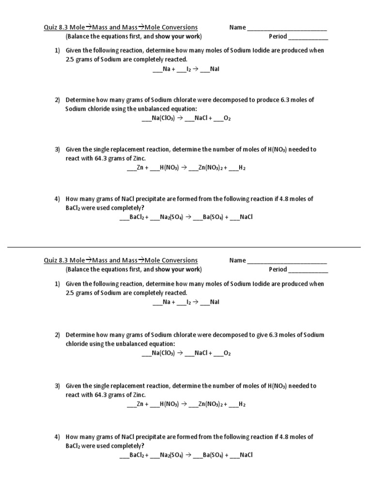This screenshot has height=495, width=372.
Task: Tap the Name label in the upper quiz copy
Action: (237, 28)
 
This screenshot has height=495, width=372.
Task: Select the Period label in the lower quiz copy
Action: (278, 269)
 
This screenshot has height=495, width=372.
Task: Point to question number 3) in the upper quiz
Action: (57, 149)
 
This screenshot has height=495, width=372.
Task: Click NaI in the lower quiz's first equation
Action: (215, 302)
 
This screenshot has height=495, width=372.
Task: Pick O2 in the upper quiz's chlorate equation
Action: (227, 118)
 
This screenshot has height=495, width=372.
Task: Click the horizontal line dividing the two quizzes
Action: (184, 247)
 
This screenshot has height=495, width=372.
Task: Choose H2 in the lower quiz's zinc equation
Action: (242, 404)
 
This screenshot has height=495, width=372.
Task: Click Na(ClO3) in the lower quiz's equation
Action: (163, 353)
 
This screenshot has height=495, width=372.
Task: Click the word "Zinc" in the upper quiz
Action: (138, 159)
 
